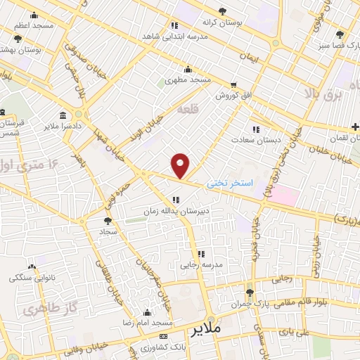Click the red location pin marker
coord(181,165)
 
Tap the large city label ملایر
coord(206,328)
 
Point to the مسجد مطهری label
coord(188,81)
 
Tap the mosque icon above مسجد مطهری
coord(187,69)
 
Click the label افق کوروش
coord(233,94)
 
